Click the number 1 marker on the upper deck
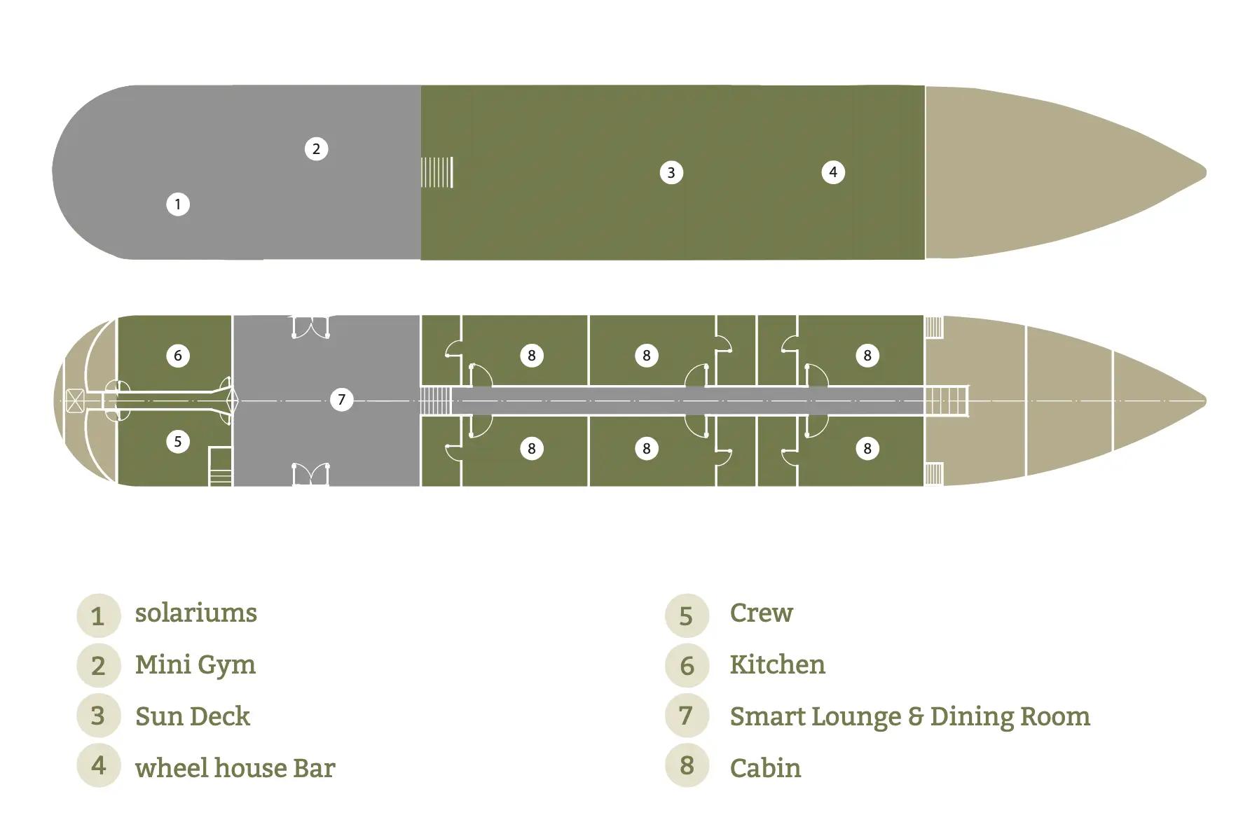[x=178, y=204]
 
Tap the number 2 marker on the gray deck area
[x=316, y=149]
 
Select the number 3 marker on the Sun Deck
[x=671, y=173]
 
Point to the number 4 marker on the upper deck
[x=833, y=172]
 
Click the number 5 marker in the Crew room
[x=178, y=442]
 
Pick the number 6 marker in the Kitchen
[x=178, y=356]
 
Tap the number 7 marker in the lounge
[x=341, y=400]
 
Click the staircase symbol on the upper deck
[x=437, y=172]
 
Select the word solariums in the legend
[x=196, y=613]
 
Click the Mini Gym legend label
[x=195, y=665]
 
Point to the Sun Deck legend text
[x=193, y=716]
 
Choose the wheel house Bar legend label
[x=235, y=768]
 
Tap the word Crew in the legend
[x=762, y=613]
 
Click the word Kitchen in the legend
[x=778, y=664]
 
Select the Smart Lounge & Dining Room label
[x=910, y=716]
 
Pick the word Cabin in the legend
[x=766, y=768]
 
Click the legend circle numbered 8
[x=687, y=765]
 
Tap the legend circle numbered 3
[x=98, y=715]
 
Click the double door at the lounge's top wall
[x=310, y=326]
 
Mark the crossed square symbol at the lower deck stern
[x=75, y=400]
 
